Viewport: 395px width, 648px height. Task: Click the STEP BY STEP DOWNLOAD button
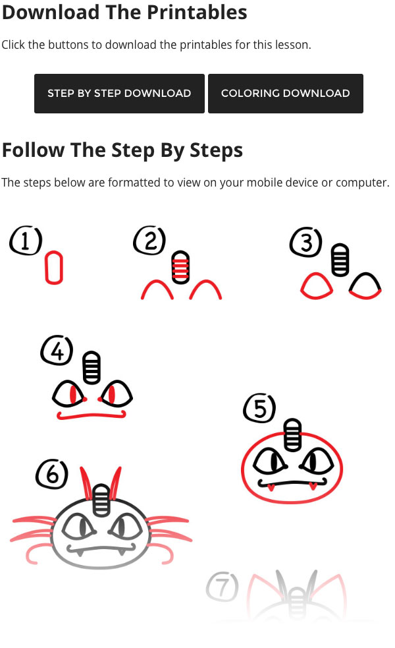(x=119, y=94)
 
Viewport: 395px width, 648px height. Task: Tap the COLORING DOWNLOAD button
(x=285, y=94)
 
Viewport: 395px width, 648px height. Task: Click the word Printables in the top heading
(x=197, y=12)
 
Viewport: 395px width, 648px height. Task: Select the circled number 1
(x=26, y=242)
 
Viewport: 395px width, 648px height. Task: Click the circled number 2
(x=149, y=241)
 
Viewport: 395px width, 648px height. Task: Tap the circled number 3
(x=305, y=243)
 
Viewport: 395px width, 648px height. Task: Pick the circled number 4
(x=57, y=351)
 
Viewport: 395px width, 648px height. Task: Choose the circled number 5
(x=259, y=409)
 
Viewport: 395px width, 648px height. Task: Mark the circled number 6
(x=52, y=474)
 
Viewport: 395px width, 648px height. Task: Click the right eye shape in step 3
(x=365, y=286)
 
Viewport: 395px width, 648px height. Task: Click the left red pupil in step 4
(x=72, y=395)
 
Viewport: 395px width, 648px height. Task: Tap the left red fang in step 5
(x=271, y=488)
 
